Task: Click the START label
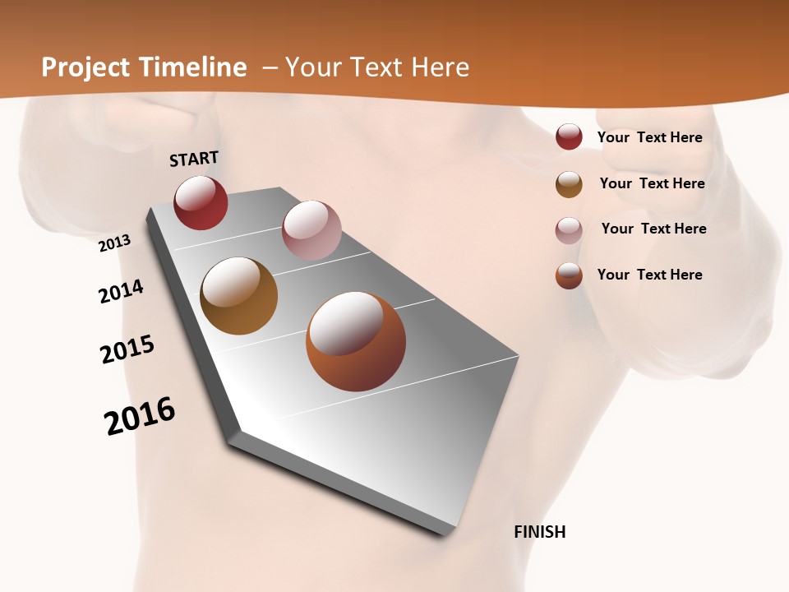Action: point(194,158)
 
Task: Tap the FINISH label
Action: point(540,532)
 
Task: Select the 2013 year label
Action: point(115,243)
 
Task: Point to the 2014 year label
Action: point(121,291)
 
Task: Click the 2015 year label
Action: point(127,349)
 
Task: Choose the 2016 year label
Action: point(140,416)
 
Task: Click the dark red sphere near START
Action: point(201,202)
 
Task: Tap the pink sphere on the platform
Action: point(311,230)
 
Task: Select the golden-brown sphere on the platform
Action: point(239,296)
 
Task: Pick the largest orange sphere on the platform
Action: point(356,341)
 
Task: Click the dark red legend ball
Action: point(569,137)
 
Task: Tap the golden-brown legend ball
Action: point(569,184)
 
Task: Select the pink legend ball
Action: point(569,230)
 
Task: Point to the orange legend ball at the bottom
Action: point(569,275)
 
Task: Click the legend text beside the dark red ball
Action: point(649,137)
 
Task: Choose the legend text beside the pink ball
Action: point(653,229)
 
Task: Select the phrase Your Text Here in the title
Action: point(377,67)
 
